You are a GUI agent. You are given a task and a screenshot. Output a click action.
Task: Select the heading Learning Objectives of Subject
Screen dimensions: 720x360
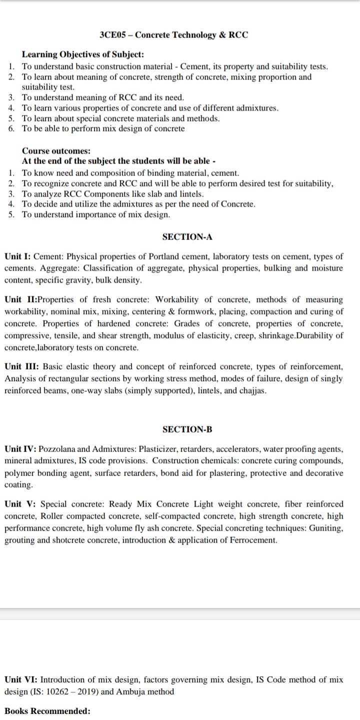pos(83,55)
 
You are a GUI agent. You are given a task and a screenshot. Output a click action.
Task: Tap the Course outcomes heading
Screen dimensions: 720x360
pos(56,151)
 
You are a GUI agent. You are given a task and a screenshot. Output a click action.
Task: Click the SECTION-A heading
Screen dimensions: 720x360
pos(187,236)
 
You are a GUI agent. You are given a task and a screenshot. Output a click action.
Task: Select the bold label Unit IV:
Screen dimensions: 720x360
pos(20,449)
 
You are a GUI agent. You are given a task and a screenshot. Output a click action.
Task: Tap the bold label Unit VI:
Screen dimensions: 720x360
pos(21,679)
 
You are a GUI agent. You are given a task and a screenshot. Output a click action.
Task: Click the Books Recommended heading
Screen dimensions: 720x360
pos(47,711)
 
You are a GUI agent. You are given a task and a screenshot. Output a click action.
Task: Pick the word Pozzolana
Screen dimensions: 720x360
pos(58,449)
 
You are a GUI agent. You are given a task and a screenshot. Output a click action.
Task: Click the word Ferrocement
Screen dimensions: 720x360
pos(254,540)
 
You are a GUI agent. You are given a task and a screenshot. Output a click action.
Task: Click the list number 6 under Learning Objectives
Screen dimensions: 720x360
pos(11,129)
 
